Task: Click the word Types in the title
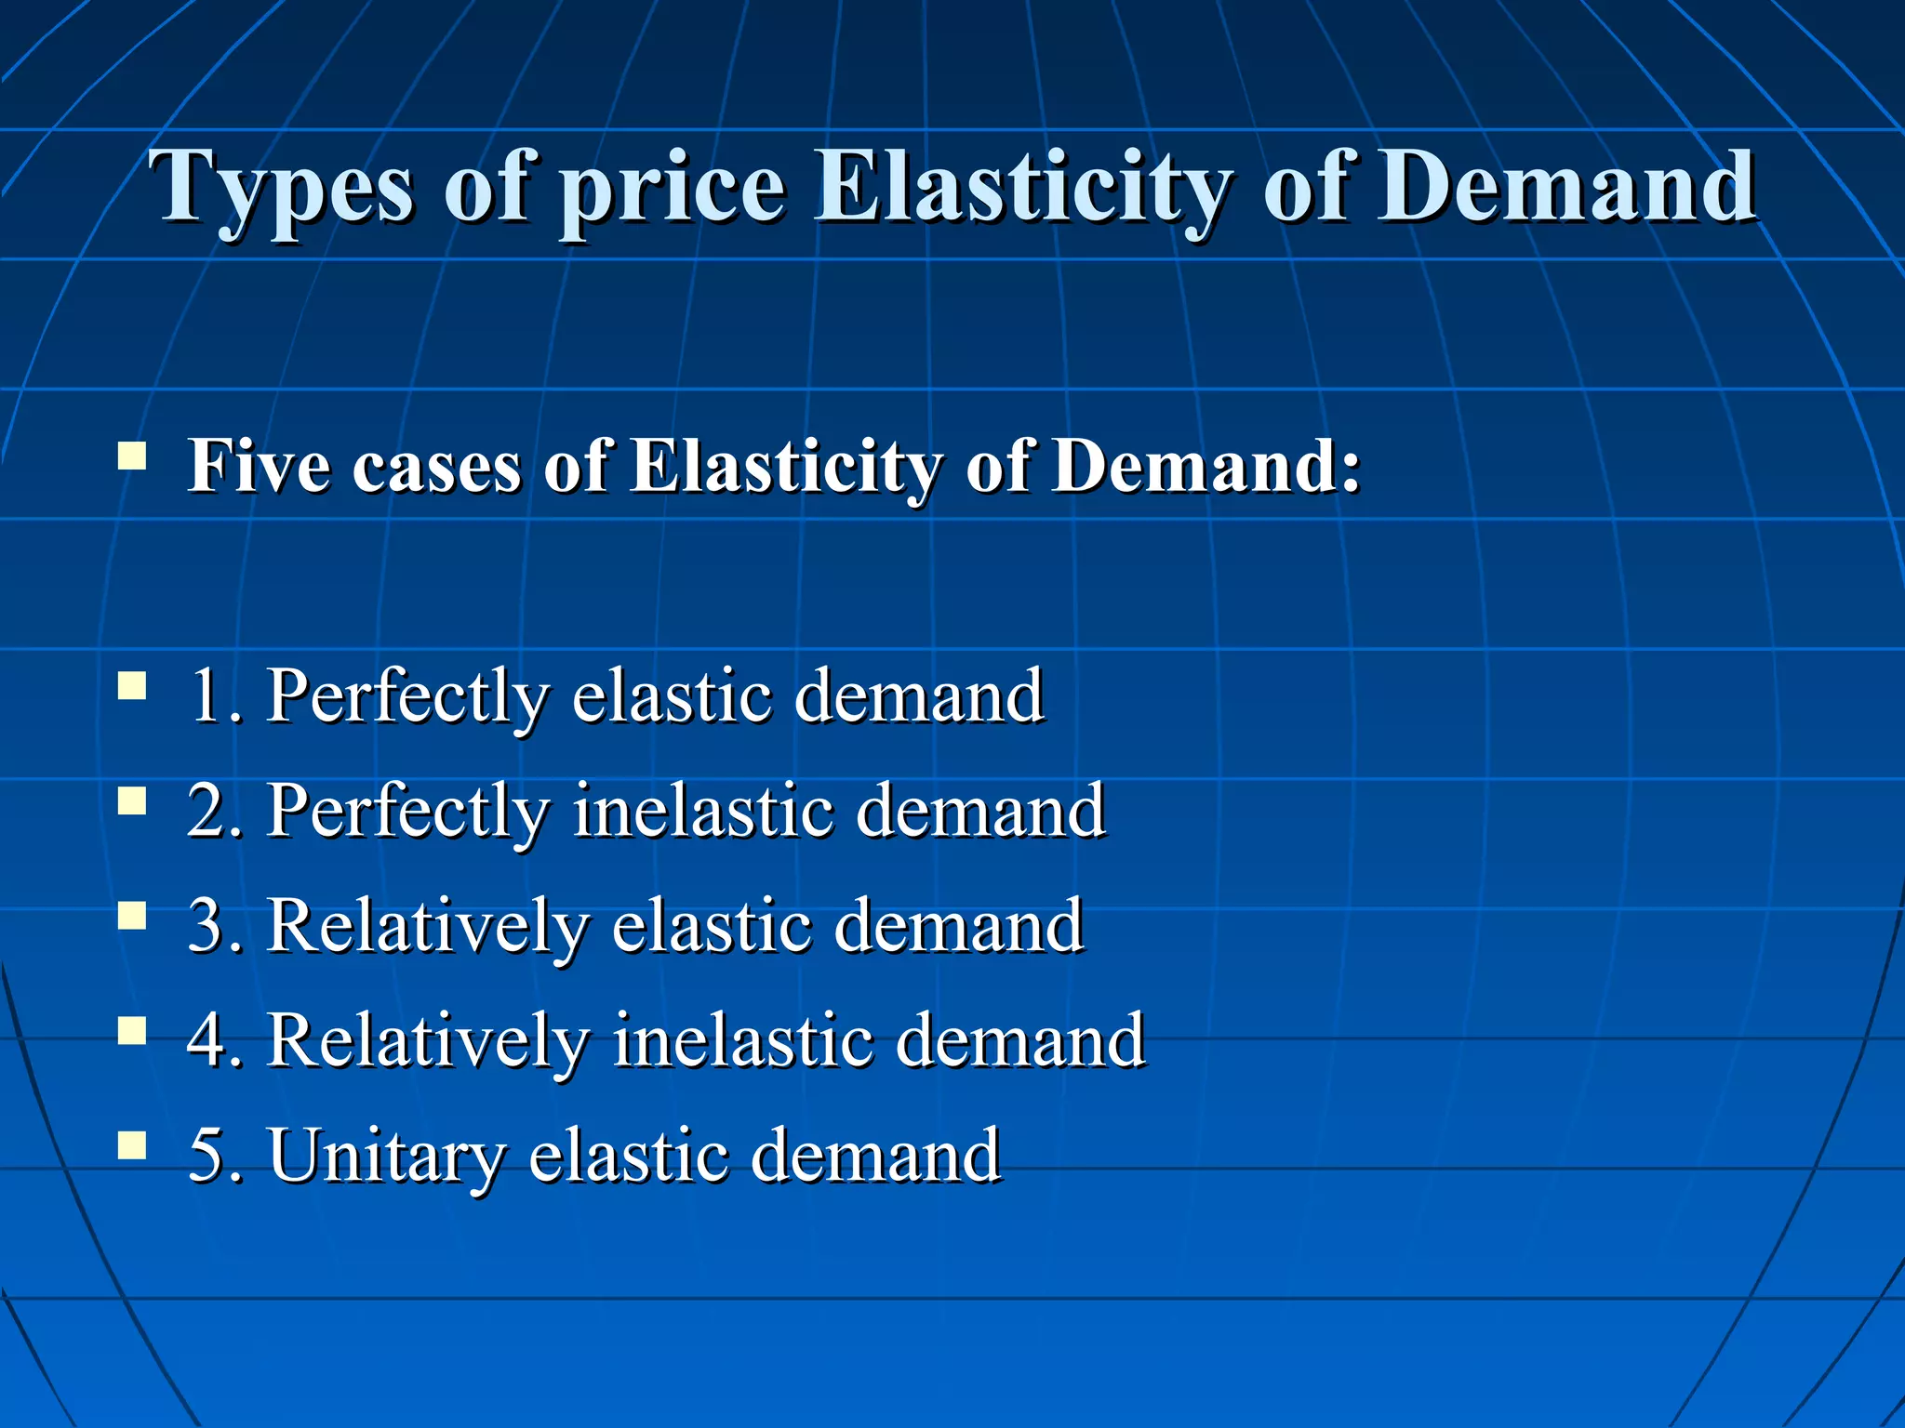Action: click(x=285, y=191)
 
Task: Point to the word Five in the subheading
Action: click(x=259, y=465)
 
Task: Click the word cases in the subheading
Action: click(x=436, y=467)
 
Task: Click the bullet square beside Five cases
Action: click(x=132, y=456)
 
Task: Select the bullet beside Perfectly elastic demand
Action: click(x=132, y=687)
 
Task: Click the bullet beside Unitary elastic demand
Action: click(x=132, y=1146)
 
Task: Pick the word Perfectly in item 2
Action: click(x=408, y=813)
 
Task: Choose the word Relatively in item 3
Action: click(x=428, y=926)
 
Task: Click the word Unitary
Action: click(x=387, y=1157)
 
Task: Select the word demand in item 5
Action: click(x=875, y=1156)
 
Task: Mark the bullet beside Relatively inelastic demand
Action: click(x=132, y=1031)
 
